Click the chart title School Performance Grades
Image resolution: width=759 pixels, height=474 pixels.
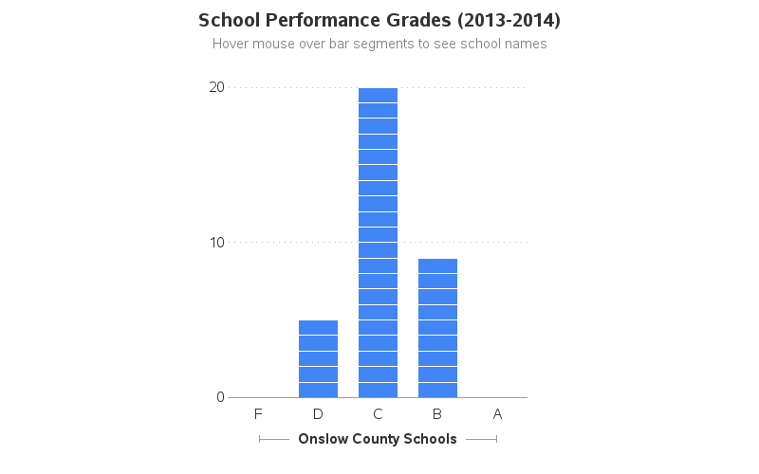pos(379,20)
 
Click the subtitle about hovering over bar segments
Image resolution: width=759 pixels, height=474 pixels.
pos(379,44)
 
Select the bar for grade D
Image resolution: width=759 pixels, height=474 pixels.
pos(318,358)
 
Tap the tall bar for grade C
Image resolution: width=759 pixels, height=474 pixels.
pos(378,243)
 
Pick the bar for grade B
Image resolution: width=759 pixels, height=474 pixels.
pos(437,328)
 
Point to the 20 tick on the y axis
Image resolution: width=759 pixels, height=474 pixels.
pos(216,87)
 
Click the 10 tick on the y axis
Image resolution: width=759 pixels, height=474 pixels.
pos(216,242)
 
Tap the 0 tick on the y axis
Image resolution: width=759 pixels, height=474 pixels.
pos(220,397)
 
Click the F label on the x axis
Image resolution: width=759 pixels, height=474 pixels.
pos(258,414)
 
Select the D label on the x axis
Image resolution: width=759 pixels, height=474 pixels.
pos(318,414)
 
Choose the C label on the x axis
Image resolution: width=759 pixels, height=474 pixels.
pos(378,414)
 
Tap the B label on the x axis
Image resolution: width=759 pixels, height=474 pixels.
pos(437,414)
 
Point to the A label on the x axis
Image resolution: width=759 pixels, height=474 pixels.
pos(497,414)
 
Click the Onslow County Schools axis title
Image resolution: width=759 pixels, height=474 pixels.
pos(378,439)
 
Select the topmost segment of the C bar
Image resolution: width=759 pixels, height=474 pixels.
pos(378,95)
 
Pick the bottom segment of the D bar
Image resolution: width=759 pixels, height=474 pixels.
pos(318,390)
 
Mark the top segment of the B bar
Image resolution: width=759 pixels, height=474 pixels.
pos(437,265)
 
